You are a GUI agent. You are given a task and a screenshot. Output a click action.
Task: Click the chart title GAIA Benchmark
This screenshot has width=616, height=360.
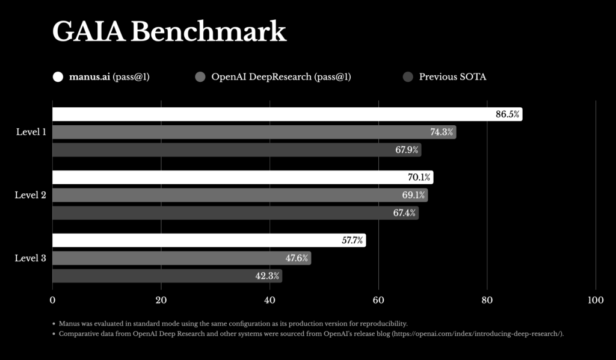169,31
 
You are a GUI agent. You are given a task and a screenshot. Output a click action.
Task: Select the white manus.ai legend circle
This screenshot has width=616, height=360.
58,76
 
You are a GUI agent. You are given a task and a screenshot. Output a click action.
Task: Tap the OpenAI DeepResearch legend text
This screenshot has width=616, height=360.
281,76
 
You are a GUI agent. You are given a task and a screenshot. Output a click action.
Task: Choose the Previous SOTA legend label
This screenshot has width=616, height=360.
452,76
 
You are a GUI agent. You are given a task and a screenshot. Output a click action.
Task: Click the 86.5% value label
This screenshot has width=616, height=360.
507,114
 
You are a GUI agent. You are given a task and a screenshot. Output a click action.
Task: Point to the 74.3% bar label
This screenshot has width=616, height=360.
442,132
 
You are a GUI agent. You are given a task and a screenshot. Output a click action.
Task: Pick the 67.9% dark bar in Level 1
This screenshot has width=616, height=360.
237,150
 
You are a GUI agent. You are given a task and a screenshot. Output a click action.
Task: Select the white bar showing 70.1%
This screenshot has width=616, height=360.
243,177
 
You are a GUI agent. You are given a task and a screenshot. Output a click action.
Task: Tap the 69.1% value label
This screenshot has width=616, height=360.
413,195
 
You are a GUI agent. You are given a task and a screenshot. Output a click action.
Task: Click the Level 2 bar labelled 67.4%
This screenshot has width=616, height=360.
236,213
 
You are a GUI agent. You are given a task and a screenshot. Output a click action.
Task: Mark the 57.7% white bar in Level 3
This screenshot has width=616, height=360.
209,240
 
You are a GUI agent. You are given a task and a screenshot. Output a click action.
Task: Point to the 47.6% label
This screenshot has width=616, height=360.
297,258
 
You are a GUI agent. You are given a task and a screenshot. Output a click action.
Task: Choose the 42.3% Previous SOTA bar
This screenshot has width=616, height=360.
167,276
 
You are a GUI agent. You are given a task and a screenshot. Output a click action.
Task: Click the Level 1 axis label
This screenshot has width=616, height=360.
31,132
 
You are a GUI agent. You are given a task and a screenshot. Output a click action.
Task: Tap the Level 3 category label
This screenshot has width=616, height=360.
30,258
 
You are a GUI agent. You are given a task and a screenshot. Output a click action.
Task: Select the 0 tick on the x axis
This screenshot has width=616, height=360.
52,300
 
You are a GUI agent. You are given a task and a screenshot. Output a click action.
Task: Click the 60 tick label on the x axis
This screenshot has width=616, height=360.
378,300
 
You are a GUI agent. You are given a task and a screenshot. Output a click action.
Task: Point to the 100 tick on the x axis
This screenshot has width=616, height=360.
596,300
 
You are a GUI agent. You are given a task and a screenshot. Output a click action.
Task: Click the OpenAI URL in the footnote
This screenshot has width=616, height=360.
477,334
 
